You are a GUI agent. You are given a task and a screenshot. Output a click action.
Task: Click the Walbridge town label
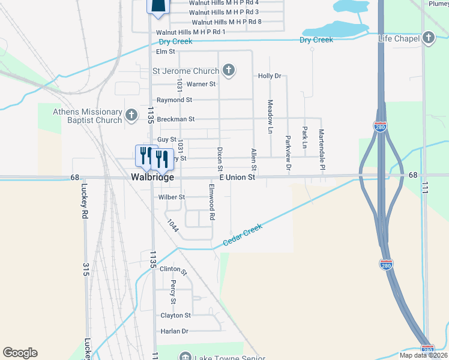[152, 178]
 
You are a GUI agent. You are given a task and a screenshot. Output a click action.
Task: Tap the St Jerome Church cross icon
[228, 71]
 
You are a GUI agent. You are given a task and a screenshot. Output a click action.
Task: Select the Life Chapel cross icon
[428, 38]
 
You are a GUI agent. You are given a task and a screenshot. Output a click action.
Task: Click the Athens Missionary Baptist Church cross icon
[132, 114]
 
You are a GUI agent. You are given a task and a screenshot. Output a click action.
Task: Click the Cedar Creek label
[244, 234]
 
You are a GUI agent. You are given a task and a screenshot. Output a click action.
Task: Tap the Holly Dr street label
[270, 76]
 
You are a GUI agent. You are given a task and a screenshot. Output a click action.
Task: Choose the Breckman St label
[176, 119]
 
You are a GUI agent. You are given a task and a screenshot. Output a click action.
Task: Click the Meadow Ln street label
[270, 116]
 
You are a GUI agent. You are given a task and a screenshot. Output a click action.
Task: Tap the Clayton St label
[175, 316]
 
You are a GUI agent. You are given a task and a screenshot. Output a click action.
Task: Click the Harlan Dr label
[175, 331]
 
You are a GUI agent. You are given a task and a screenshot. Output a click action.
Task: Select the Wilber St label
[172, 197]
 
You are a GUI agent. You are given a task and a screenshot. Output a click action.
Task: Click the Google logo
[20, 353]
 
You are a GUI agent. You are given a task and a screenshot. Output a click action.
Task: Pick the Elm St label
[165, 52]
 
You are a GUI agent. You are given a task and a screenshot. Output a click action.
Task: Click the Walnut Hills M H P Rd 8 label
[227, 22]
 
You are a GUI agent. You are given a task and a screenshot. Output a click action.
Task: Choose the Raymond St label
[174, 100]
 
